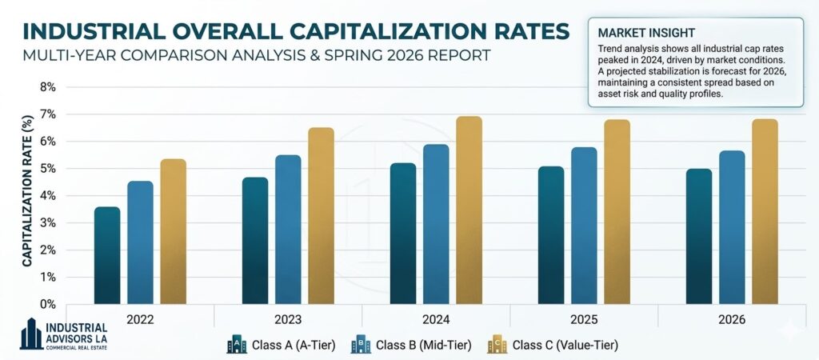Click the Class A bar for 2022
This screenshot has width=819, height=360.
tap(107, 256)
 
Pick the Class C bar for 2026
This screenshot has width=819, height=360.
tap(765, 212)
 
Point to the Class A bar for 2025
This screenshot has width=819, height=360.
tap(550, 235)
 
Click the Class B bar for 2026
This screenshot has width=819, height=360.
tap(732, 227)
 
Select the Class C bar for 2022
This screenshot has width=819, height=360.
tap(173, 232)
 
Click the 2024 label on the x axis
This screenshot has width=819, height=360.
tap(436, 319)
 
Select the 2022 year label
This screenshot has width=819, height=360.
tap(140, 319)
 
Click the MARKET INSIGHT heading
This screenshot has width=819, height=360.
tap(642, 34)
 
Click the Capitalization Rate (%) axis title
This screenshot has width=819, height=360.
tap(26, 190)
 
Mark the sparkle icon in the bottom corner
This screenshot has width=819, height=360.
tap(793, 329)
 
